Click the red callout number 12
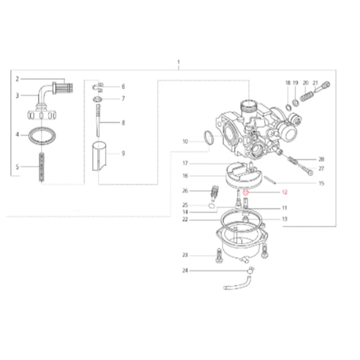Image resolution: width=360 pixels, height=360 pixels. coord(284,193)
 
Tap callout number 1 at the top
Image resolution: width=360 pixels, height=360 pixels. coord(178,62)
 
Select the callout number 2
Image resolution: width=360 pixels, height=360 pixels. coord(17,79)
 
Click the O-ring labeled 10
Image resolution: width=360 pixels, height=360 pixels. coord(208,139)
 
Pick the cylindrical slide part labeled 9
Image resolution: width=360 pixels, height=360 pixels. coord(101,154)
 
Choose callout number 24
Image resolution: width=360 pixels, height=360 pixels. coord(185,271)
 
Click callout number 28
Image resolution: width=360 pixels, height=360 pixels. coord(321,159)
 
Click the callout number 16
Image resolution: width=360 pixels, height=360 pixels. coord(185,176)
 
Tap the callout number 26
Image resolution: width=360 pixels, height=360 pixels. coord(185,191)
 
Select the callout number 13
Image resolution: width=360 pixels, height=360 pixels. coord(284,219)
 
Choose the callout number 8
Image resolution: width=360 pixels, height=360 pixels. coord(123,122)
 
